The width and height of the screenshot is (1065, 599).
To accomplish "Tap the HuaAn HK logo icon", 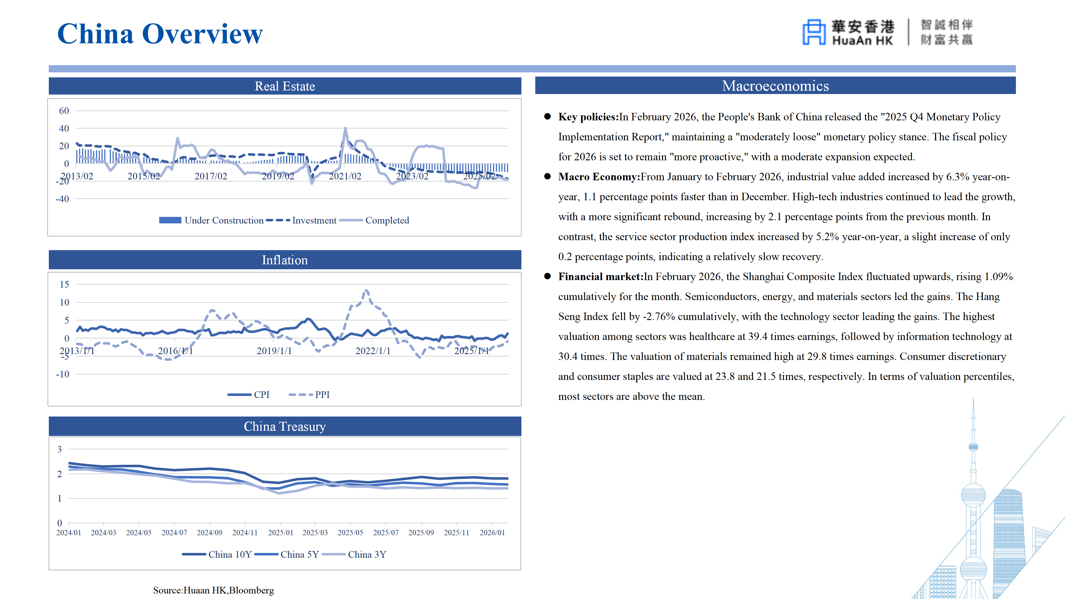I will point(813,32).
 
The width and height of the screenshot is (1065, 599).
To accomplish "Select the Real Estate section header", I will point(285,86).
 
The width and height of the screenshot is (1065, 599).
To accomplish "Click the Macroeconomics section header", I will point(775,86).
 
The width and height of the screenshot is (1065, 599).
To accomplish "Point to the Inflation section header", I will point(285,260).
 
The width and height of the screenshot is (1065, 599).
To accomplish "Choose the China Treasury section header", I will point(285,426).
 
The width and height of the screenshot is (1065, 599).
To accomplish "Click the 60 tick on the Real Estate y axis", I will point(64,111).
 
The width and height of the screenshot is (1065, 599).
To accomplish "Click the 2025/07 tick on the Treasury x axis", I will point(386,533).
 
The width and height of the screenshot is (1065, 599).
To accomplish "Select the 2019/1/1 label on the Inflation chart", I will point(274,351).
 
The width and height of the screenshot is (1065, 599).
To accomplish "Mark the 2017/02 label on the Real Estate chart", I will point(211,176).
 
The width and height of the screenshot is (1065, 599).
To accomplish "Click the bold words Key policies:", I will point(588,117).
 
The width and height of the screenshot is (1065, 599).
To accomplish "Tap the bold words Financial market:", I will point(600,276).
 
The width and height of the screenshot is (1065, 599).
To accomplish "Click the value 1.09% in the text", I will point(998,276).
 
